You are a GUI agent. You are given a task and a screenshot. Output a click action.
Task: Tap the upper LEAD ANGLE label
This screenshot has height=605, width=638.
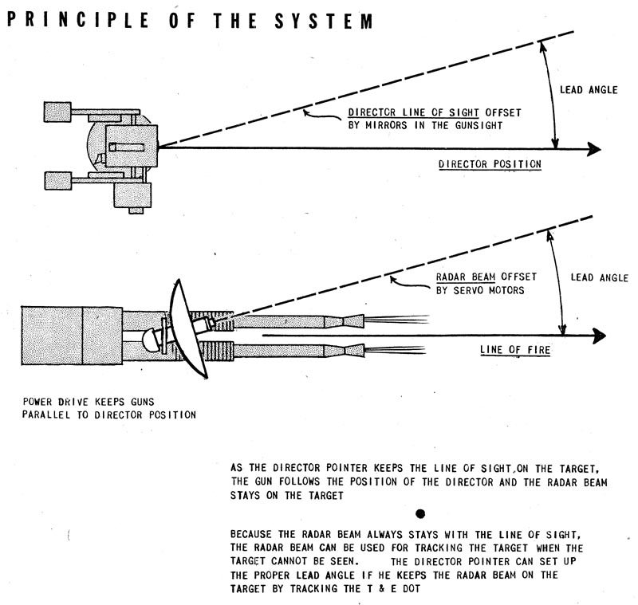589,90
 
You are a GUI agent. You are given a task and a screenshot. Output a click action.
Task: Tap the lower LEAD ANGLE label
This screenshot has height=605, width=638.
601,278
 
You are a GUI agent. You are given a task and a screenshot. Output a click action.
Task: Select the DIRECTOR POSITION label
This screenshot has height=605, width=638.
490,165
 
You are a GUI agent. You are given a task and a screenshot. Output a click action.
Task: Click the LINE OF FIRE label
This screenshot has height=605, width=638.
514,350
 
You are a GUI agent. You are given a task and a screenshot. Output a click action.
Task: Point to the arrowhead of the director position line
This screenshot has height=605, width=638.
593,148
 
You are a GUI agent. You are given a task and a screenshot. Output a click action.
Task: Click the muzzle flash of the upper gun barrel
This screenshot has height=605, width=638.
383,320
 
